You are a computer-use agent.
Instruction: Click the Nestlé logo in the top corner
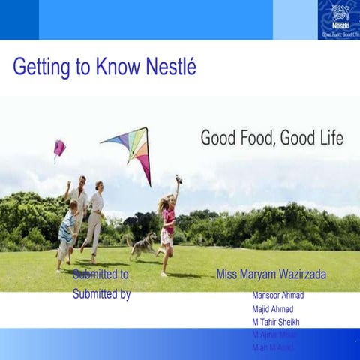[340, 19]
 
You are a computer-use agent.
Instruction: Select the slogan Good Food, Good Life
[271, 138]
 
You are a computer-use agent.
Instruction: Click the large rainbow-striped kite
[132, 148]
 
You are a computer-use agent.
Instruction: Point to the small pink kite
[59, 148]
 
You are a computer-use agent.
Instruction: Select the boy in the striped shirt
[67, 229]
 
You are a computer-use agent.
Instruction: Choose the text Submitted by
[101, 294]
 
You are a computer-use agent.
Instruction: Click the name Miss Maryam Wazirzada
[271, 274]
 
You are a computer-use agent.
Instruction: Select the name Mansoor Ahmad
[277, 295]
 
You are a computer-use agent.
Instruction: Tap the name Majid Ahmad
[273, 308]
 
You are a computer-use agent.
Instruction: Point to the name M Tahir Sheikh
[276, 322]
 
